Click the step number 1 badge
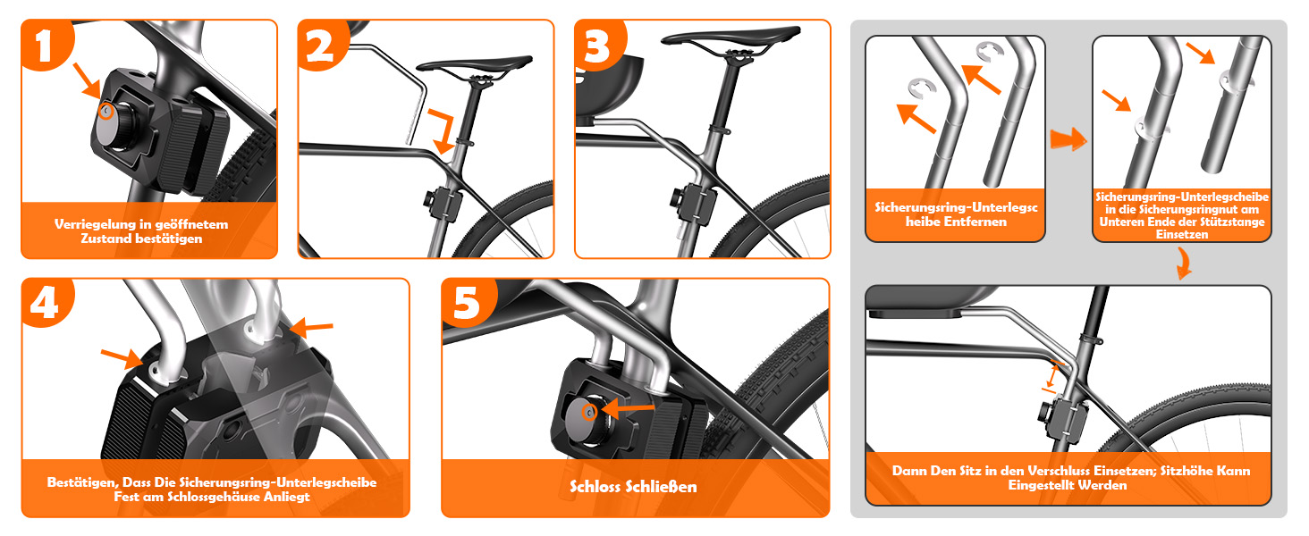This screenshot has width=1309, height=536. click(x=46, y=45)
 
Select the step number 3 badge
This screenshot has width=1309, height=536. click(x=600, y=45)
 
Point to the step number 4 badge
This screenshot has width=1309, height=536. click(x=46, y=303)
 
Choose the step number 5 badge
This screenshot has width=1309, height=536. click(x=469, y=303)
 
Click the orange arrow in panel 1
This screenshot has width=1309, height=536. click(x=88, y=81)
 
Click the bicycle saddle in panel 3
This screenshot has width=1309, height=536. click(x=731, y=37)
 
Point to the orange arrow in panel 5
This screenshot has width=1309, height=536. click(x=628, y=408)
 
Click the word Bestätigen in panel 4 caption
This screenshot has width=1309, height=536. click(x=82, y=482)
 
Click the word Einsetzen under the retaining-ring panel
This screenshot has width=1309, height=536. click(x=1182, y=235)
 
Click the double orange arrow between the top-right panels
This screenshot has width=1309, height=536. click(x=1068, y=140)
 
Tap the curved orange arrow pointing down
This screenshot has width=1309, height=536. click(x=1183, y=264)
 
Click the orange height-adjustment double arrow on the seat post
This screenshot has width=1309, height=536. click(x=1051, y=377)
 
